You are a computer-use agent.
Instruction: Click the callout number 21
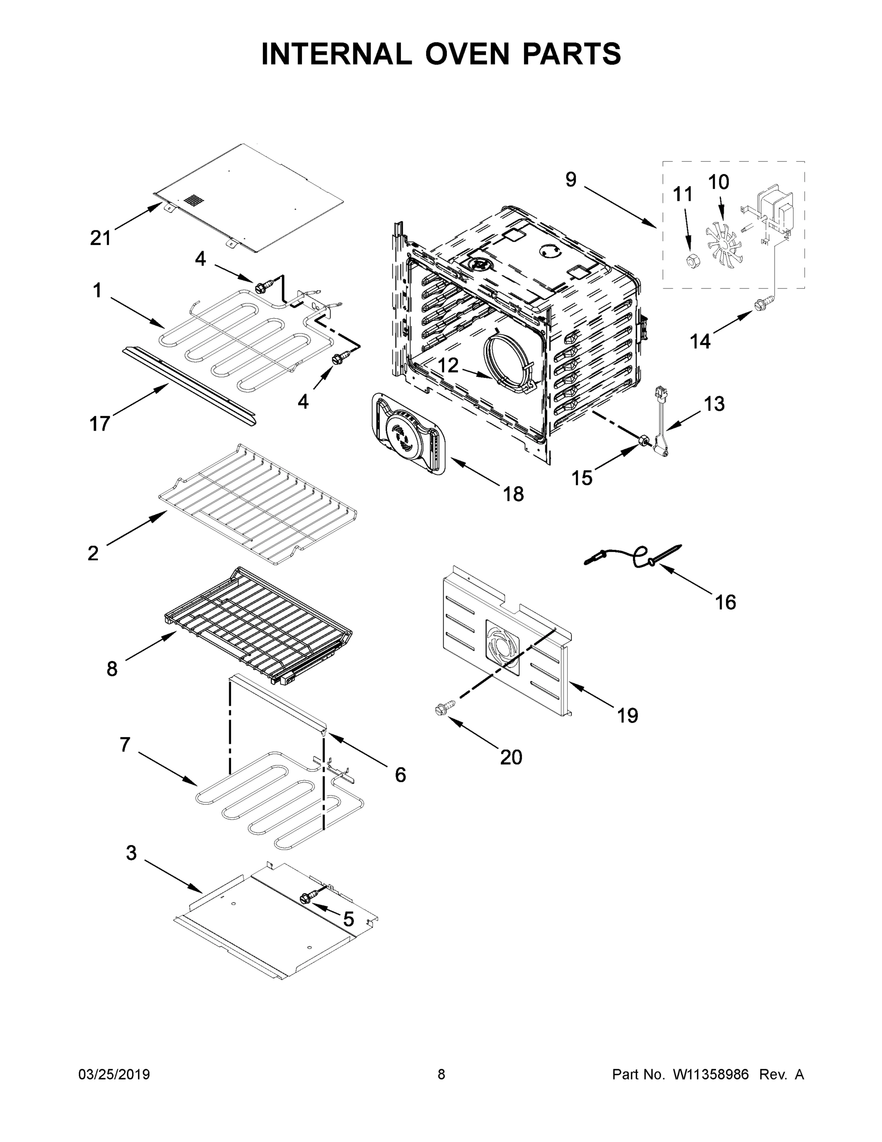tap(100, 238)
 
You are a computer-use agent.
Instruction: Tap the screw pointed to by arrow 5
tap(306, 898)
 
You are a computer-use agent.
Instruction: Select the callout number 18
tap(513, 493)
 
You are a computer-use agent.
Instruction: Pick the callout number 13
tap(714, 404)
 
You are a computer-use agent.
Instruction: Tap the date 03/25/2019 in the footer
tap(114, 1074)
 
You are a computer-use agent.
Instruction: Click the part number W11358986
tap(711, 1074)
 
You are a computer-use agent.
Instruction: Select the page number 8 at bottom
tap(441, 1074)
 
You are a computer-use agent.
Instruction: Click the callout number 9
tap(571, 179)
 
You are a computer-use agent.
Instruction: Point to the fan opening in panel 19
tap(503, 647)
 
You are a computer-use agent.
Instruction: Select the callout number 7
tap(125, 744)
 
